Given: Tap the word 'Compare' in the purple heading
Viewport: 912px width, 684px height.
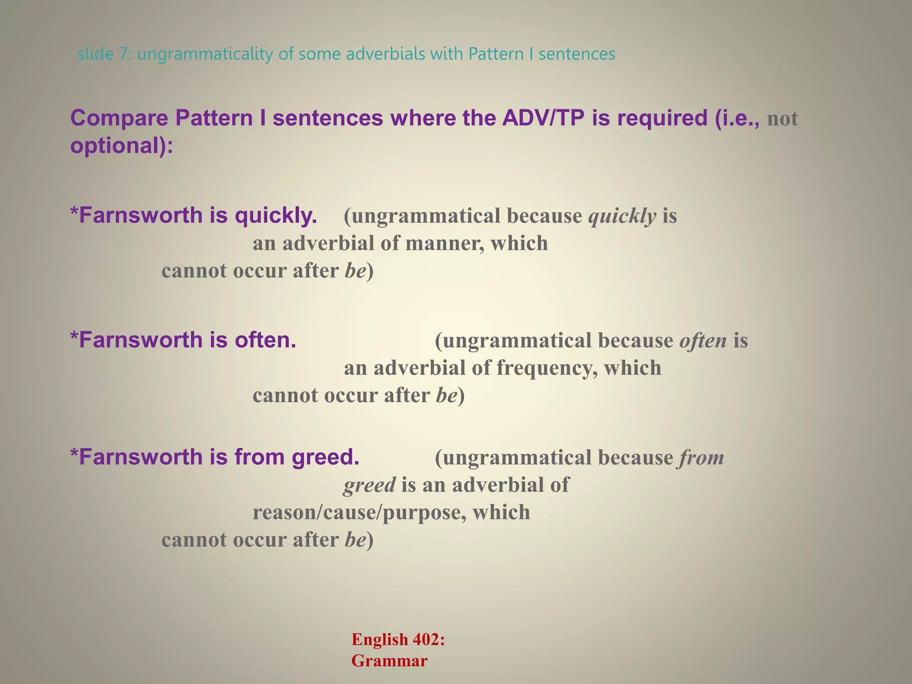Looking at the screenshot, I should pyautogui.click(x=119, y=118).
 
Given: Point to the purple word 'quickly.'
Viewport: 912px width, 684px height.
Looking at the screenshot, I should pyautogui.click(x=276, y=216).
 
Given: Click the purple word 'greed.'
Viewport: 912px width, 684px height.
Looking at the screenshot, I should pyautogui.click(x=326, y=457).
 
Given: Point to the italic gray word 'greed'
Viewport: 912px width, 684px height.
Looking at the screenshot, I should pyautogui.click(x=369, y=485).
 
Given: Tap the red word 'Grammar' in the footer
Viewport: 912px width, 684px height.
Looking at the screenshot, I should pyautogui.click(x=389, y=661).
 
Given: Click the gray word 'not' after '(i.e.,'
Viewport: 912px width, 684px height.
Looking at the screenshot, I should pyautogui.click(x=782, y=119).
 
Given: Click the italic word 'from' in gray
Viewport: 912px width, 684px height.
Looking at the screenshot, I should pyautogui.click(x=701, y=458).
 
